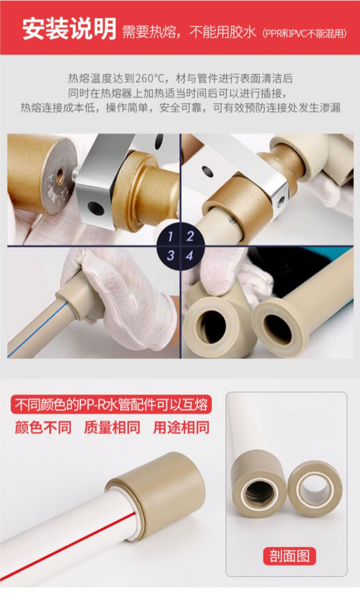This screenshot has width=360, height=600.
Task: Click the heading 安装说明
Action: tap(69, 29)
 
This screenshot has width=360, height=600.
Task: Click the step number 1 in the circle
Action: tap(170, 236)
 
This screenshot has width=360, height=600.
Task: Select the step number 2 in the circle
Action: tap(190, 236)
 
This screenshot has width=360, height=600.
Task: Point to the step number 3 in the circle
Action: tap(170, 255)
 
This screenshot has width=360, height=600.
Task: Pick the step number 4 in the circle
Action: tap(190, 256)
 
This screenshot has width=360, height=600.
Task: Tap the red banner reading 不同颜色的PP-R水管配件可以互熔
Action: tap(111, 405)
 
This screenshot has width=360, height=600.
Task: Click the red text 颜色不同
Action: tap(43, 427)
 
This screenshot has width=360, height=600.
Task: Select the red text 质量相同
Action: tap(112, 427)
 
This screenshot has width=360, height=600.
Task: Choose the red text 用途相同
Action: tap(181, 427)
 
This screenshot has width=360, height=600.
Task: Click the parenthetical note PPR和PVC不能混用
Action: tap(304, 33)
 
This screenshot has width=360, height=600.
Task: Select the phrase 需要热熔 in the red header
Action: tap(149, 32)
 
